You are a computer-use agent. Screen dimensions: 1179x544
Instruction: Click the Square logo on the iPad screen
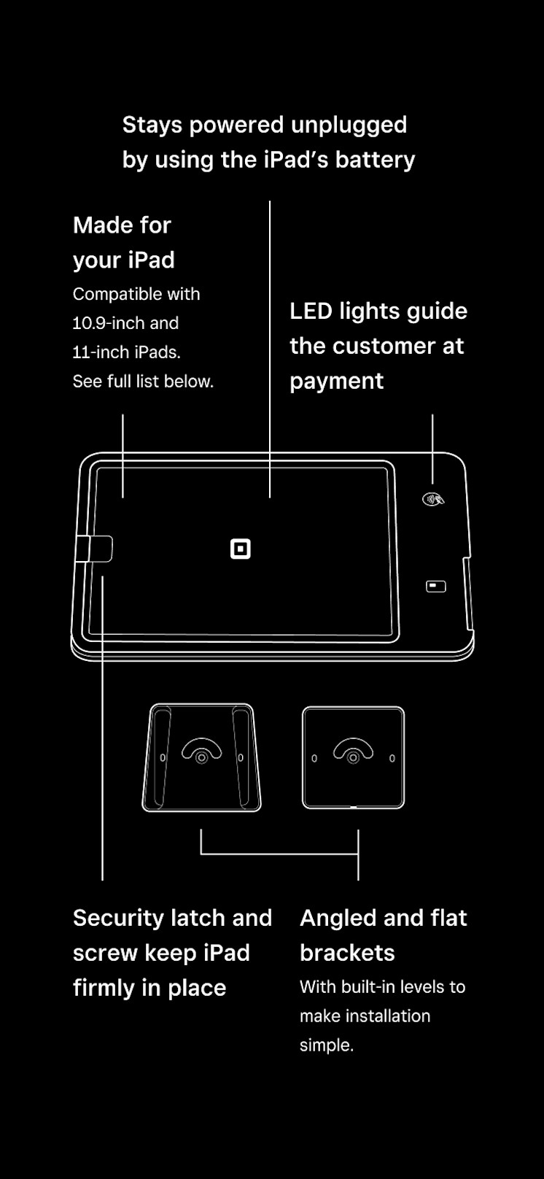[241, 549]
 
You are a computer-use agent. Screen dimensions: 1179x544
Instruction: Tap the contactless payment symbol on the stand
[433, 500]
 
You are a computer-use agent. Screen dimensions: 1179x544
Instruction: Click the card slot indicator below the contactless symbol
[436, 587]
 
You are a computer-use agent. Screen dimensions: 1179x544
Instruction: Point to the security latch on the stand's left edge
[94, 549]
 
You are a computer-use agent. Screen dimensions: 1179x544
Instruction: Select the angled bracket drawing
[201, 757]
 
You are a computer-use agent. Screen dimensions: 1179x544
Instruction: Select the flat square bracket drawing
[353, 757]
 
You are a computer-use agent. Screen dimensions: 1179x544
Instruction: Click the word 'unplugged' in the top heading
[349, 125]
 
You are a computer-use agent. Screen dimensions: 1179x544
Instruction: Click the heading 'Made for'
[122, 225]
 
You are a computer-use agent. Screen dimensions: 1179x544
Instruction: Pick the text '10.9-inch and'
[125, 323]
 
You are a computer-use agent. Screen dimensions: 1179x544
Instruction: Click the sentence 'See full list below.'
[143, 382]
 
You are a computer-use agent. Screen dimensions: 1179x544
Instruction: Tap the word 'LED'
[311, 312]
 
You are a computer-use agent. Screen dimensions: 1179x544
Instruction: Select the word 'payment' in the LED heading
[336, 382]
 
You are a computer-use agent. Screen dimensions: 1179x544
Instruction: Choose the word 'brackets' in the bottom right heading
[347, 953]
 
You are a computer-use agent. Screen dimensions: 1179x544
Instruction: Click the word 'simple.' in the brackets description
[327, 1045]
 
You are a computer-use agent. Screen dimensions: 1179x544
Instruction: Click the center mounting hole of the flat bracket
[353, 758]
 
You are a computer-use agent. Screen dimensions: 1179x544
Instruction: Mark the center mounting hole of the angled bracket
[202, 758]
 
